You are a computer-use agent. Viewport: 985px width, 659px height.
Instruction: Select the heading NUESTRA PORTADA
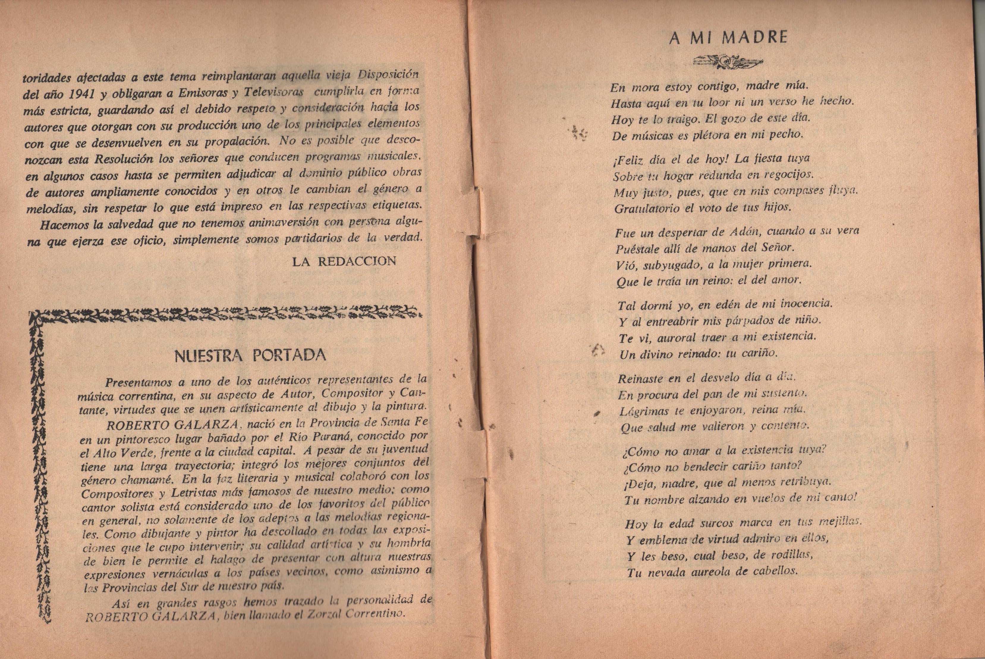pos(250,356)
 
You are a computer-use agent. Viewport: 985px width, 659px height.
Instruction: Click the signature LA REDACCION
pos(344,261)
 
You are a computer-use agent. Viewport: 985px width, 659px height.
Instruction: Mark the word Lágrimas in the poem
pos(641,411)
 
